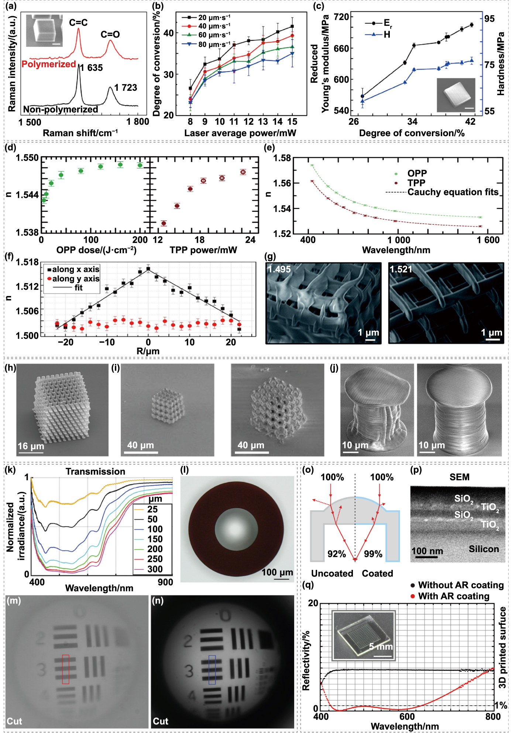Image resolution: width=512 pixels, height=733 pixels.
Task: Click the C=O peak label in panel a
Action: point(110,35)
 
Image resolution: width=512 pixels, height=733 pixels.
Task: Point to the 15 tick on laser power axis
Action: point(292,122)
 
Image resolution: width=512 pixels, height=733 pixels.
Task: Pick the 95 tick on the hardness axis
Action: point(489,18)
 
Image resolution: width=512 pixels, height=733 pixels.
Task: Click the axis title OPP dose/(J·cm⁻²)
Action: point(96,250)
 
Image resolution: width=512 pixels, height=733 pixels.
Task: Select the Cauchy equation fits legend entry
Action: point(453,192)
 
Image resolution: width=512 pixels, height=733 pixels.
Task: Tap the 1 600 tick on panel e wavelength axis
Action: point(488,240)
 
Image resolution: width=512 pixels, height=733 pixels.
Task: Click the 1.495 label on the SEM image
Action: point(279,269)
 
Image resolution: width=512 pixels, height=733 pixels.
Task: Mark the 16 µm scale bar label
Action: point(31,446)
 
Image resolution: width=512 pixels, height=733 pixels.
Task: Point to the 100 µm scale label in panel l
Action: point(277,572)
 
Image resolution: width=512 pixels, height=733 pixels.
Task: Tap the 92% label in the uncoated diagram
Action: point(337,554)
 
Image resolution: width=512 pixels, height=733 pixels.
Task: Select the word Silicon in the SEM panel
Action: point(484,549)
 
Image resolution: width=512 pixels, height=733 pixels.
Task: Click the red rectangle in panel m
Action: point(65,669)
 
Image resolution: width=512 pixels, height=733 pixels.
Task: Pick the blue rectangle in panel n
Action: point(212,670)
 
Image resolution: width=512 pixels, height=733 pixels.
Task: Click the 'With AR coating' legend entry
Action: point(453,596)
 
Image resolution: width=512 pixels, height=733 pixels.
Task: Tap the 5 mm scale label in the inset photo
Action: point(381,647)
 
